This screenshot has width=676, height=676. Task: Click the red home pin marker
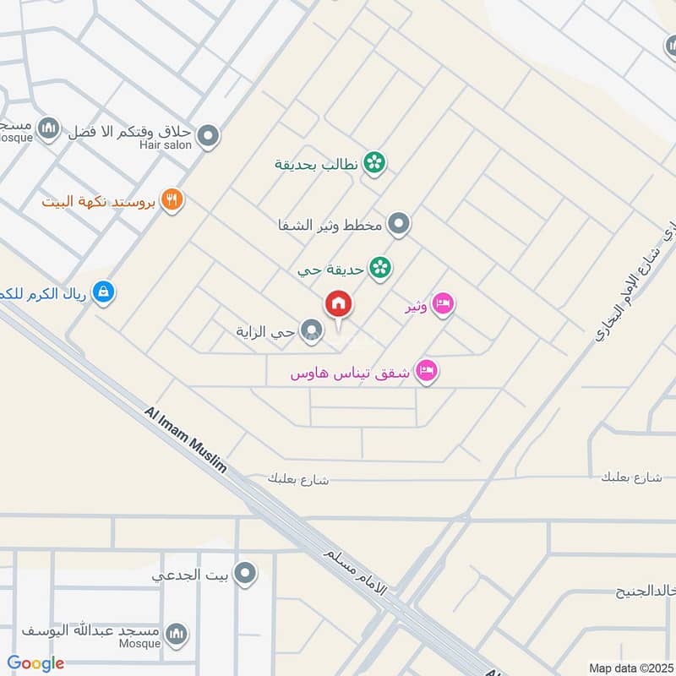339,304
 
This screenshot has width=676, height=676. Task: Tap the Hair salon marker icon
208,135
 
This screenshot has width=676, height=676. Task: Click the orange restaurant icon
172,200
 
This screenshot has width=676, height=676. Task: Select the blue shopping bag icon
103,292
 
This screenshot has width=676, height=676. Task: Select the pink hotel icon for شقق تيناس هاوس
427,372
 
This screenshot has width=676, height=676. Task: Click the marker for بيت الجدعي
246,575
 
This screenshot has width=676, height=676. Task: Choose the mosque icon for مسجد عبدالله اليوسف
176,634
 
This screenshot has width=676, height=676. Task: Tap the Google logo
35,663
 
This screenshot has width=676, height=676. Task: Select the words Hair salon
166,145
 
